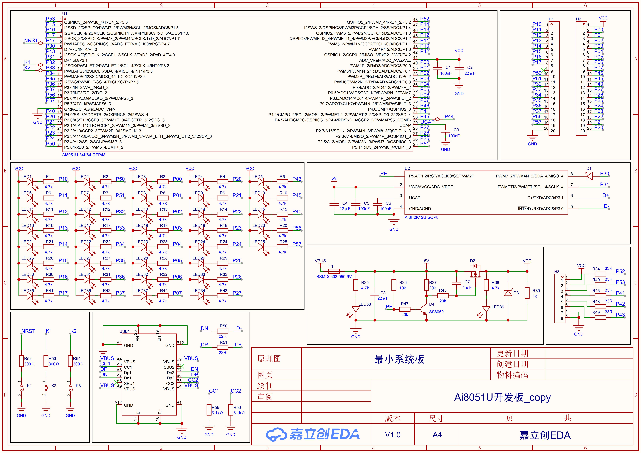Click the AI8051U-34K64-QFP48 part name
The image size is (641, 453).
tap(84, 155)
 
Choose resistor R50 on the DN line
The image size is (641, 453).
tap(222, 331)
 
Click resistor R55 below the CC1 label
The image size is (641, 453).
tap(209, 410)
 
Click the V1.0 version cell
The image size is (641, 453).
tap(393, 435)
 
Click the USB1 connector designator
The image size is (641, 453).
tap(124, 331)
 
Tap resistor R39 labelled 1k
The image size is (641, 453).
tap(527, 293)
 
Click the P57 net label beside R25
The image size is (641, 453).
tap(297, 244)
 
